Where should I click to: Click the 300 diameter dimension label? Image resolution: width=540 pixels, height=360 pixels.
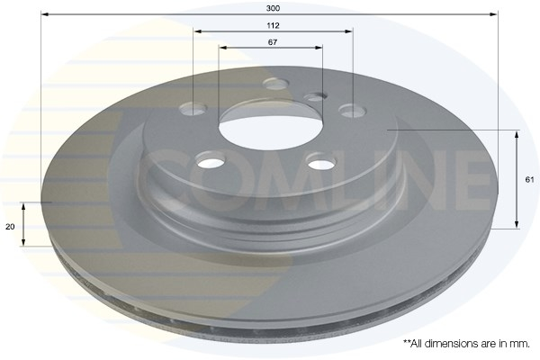273,8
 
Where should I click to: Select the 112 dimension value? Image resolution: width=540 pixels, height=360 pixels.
273,25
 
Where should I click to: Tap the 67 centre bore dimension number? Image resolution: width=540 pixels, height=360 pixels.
273,42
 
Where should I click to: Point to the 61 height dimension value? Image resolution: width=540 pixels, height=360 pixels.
530,179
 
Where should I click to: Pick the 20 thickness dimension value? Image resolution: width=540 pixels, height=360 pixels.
10,227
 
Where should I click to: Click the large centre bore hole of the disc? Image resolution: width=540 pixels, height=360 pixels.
271,130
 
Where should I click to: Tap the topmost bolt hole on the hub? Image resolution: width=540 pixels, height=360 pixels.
275,84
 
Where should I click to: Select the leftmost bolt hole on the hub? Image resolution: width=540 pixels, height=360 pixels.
193,109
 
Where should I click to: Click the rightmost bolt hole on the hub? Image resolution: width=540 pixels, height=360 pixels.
352,111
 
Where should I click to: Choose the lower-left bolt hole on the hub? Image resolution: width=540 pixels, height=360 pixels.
210,160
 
